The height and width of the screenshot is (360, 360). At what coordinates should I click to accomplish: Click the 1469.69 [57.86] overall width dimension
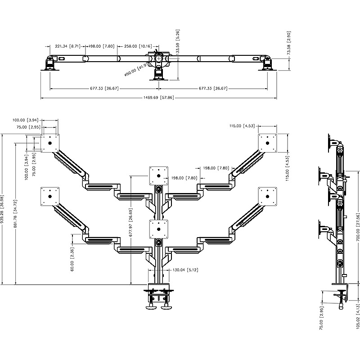point(158,98)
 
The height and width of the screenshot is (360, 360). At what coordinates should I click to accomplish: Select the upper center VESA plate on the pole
point(158,176)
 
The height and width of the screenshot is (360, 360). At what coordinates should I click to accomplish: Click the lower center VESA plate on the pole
point(158,228)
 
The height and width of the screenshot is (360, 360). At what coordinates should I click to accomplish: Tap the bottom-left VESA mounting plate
point(50,196)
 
